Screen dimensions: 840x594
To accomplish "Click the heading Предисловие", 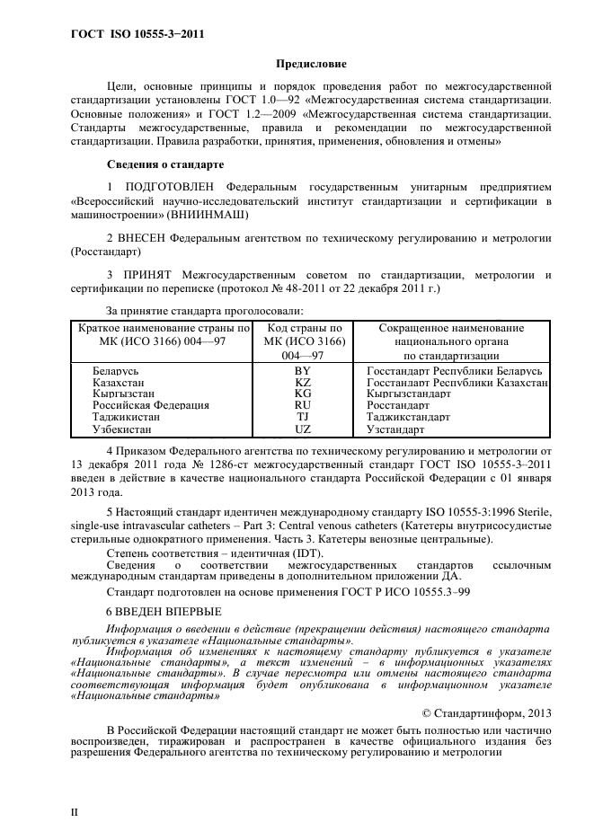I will point(310,64).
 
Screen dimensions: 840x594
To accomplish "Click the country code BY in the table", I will point(302,370).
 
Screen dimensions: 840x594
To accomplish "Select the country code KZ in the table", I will point(302,382).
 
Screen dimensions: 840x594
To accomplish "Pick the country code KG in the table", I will point(302,393).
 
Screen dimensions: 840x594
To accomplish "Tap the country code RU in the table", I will point(302,405).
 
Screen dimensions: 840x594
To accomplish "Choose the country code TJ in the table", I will point(302,417).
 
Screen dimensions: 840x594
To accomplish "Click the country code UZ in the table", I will point(302,429).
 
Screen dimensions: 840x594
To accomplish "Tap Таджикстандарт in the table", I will point(408,417).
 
